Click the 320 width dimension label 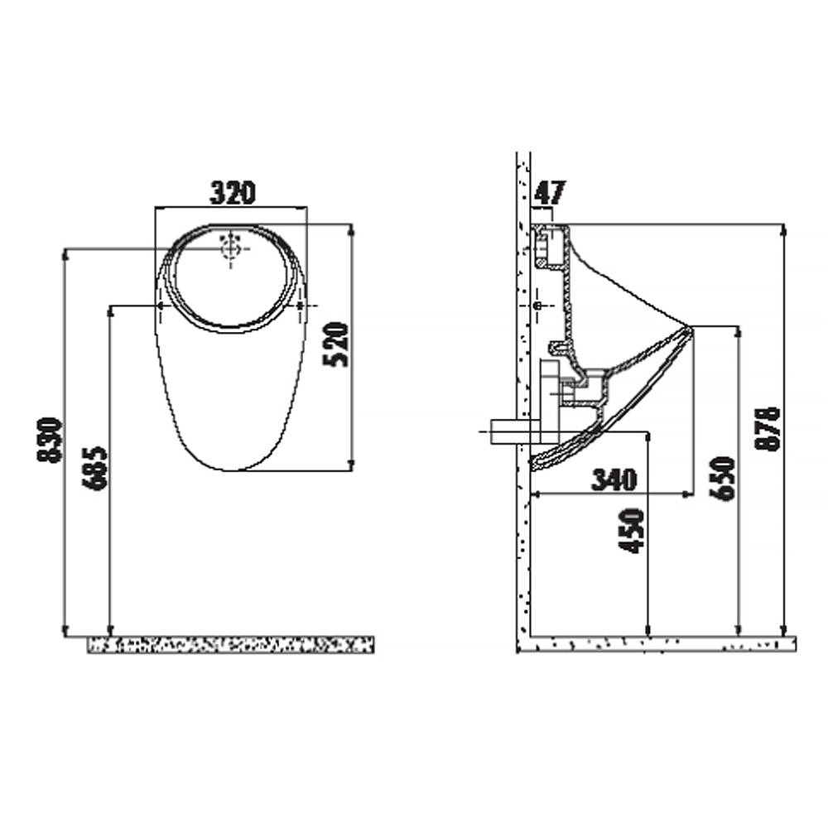point(233,192)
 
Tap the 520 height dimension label point(336,344)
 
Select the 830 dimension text point(50,440)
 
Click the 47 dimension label point(550,192)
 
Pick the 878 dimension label point(768,429)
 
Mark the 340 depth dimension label point(614,479)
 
